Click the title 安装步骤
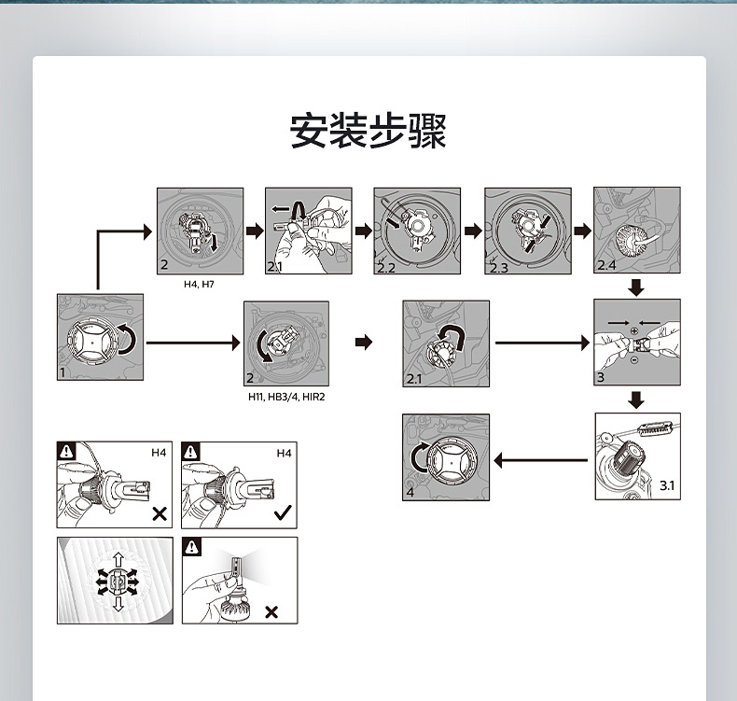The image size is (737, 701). click(x=368, y=132)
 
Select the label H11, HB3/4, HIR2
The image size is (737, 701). click(x=286, y=397)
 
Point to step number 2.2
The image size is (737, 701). click(x=386, y=267)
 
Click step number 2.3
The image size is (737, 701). click(x=497, y=267)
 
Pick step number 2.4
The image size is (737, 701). click(x=607, y=266)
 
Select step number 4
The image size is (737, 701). click(x=410, y=492)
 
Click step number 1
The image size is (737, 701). click(x=63, y=372)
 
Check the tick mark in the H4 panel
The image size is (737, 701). click(x=283, y=512)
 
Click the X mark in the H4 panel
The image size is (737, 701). click(x=160, y=513)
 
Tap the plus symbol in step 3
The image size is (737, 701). click(x=634, y=331)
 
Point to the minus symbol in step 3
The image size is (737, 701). click(x=634, y=359)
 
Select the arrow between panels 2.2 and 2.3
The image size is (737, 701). click(x=474, y=231)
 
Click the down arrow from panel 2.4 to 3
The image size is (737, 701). click(x=636, y=287)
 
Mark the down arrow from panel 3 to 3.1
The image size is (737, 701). click(x=636, y=400)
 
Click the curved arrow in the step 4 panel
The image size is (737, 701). click(x=422, y=456)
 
